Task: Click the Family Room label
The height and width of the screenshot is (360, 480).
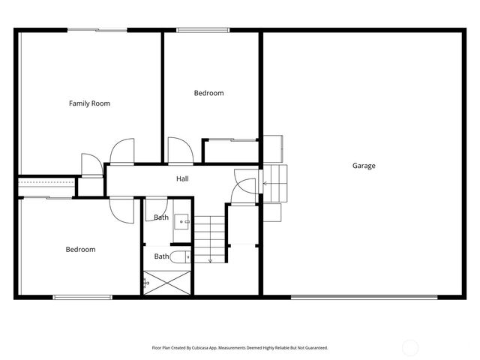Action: (89, 103)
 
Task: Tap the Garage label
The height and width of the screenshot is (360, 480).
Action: (364, 166)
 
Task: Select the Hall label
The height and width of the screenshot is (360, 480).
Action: (182, 179)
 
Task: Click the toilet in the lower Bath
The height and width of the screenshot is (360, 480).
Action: (179, 257)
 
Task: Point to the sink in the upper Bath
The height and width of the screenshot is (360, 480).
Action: (183, 222)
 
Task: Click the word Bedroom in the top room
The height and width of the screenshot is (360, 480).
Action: (208, 93)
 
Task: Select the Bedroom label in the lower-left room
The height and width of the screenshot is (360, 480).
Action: (80, 250)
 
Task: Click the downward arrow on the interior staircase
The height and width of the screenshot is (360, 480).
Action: (211, 259)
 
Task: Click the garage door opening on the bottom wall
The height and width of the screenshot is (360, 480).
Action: (364, 297)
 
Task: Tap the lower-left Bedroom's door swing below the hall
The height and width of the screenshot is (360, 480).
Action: (121, 207)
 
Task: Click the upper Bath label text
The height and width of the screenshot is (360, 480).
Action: (161, 217)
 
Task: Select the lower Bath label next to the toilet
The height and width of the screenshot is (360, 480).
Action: (161, 256)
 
